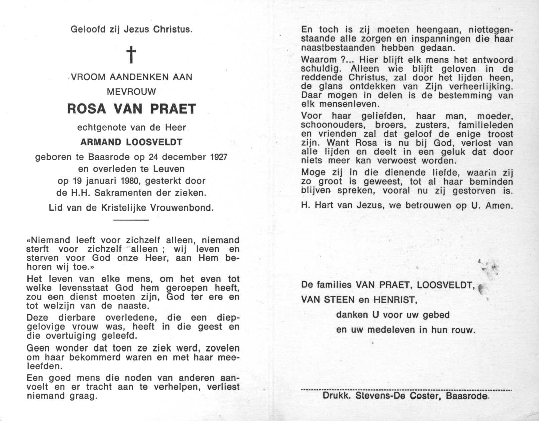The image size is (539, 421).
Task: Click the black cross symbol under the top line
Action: [132, 55]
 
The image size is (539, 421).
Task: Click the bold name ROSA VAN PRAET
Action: [131, 109]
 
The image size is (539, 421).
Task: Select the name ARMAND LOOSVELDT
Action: [131, 142]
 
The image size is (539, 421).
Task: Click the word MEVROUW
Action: [131, 91]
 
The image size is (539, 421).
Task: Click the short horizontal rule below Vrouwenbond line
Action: [131, 220]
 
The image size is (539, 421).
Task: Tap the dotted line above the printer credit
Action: [406, 390]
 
